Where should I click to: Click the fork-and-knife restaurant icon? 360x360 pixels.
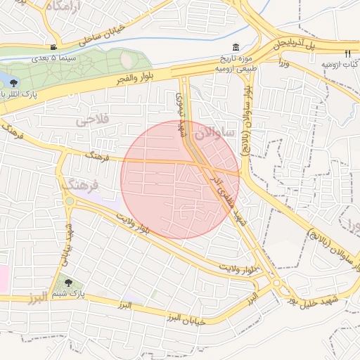347,53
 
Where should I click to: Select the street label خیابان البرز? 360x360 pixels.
184,318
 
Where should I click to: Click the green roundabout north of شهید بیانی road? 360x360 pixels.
69,202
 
